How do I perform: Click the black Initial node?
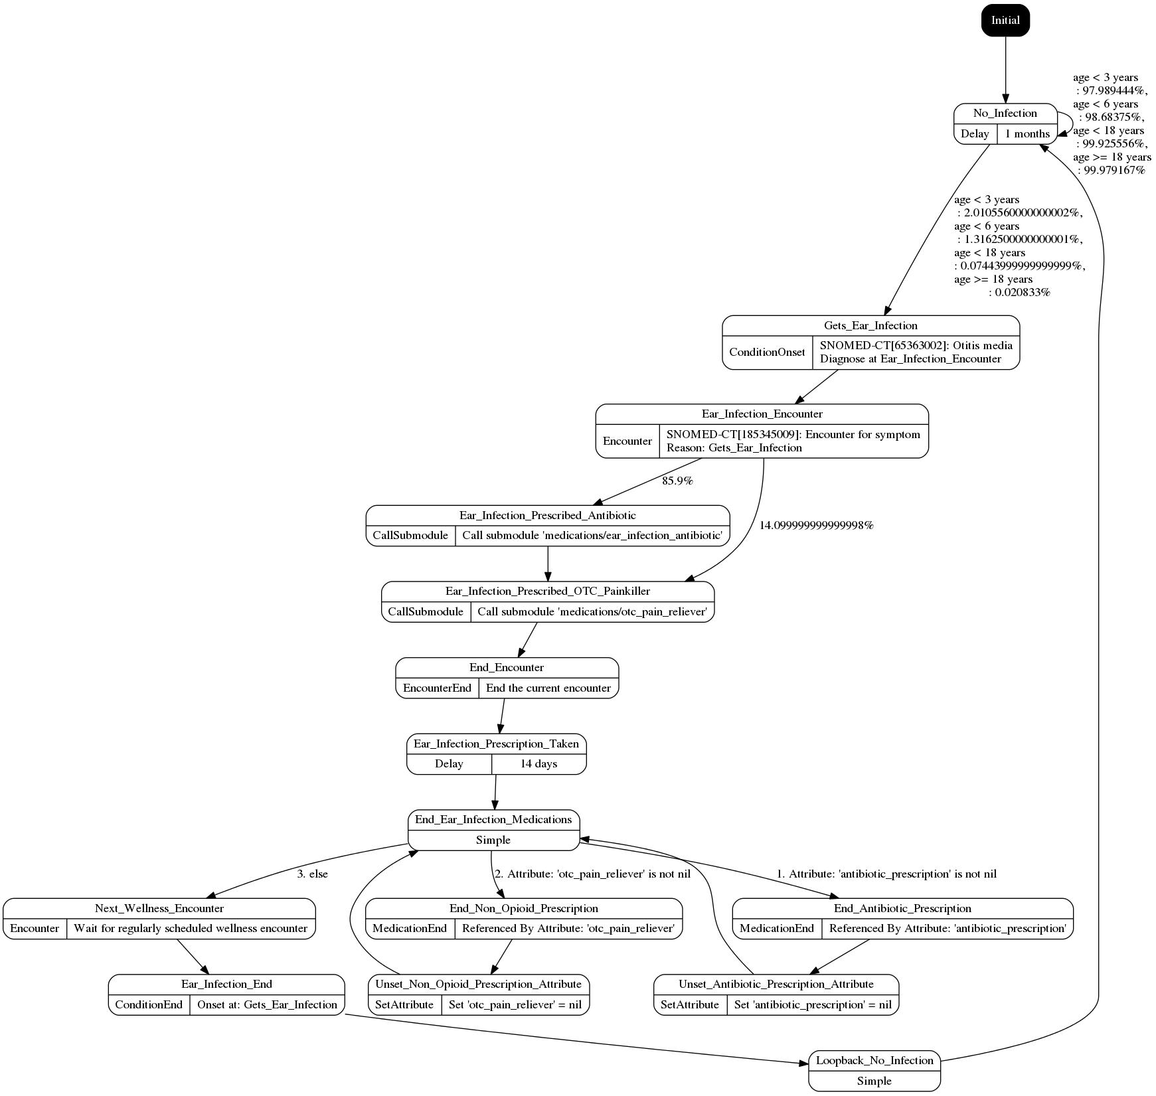[x=1005, y=20]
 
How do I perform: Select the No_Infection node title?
[x=1005, y=114]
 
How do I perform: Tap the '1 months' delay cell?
[x=1027, y=133]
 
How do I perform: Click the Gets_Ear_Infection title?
[x=870, y=326]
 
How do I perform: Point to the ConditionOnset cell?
[x=767, y=352]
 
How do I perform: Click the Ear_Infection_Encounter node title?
[x=762, y=414]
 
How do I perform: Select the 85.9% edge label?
[x=677, y=481]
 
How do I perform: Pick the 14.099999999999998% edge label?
[x=816, y=525]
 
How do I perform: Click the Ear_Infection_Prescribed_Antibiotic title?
[x=547, y=516]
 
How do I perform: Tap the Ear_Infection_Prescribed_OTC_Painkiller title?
[x=548, y=591]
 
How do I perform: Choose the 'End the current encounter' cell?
[x=548, y=688]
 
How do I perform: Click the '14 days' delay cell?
[x=539, y=764]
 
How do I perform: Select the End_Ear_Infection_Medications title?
[x=493, y=820]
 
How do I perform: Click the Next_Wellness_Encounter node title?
[x=159, y=909]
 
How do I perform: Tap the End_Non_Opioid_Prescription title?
[x=523, y=909]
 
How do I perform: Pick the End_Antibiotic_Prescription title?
[x=902, y=909]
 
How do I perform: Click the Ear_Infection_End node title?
[x=226, y=984]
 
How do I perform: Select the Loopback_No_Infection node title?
[x=874, y=1061]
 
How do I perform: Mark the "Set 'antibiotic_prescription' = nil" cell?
[x=813, y=1005]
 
